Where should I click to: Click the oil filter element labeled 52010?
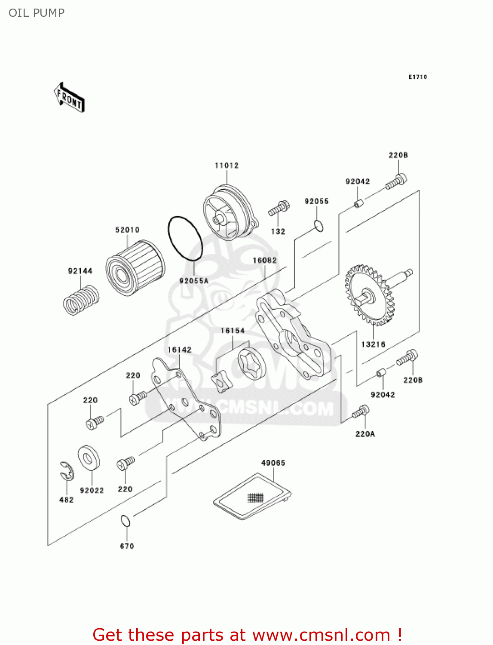[135, 267]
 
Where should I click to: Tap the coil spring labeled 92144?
[81, 300]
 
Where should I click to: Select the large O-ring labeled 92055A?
[185, 238]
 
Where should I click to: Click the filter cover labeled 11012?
[231, 212]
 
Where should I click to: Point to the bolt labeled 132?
[279, 208]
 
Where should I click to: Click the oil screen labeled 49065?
[252, 496]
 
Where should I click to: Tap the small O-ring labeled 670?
[125, 521]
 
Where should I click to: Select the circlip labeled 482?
[67, 470]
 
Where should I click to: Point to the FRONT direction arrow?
[69, 97]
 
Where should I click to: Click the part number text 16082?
[265, 260]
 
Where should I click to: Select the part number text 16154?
[233, 331]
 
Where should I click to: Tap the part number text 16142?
[179, 350]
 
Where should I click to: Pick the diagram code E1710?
[417, 77]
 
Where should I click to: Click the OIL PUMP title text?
[37, 13]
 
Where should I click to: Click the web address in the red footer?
[321, 635]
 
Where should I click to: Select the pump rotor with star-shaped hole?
[251, 364]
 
